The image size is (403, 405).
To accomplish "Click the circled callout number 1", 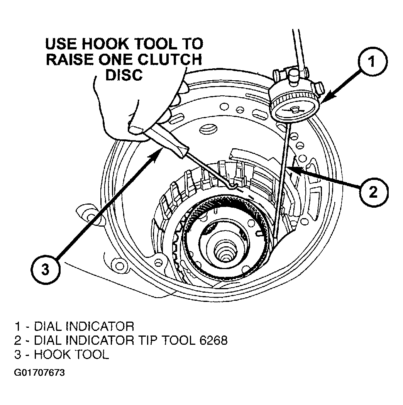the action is click(373, 61).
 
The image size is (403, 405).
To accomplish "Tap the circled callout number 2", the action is click(374, 192).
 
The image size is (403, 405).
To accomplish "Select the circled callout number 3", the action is click(46, 270).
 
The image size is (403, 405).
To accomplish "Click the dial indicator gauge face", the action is click(295, 111).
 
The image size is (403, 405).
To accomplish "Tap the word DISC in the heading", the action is click(124, 75).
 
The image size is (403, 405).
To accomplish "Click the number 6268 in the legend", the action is click(213, 340).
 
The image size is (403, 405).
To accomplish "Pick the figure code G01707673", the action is click(39, 373).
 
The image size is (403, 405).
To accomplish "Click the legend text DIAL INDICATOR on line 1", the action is click(84, 326).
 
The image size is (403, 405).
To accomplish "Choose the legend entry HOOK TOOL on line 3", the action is click(72, 354).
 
